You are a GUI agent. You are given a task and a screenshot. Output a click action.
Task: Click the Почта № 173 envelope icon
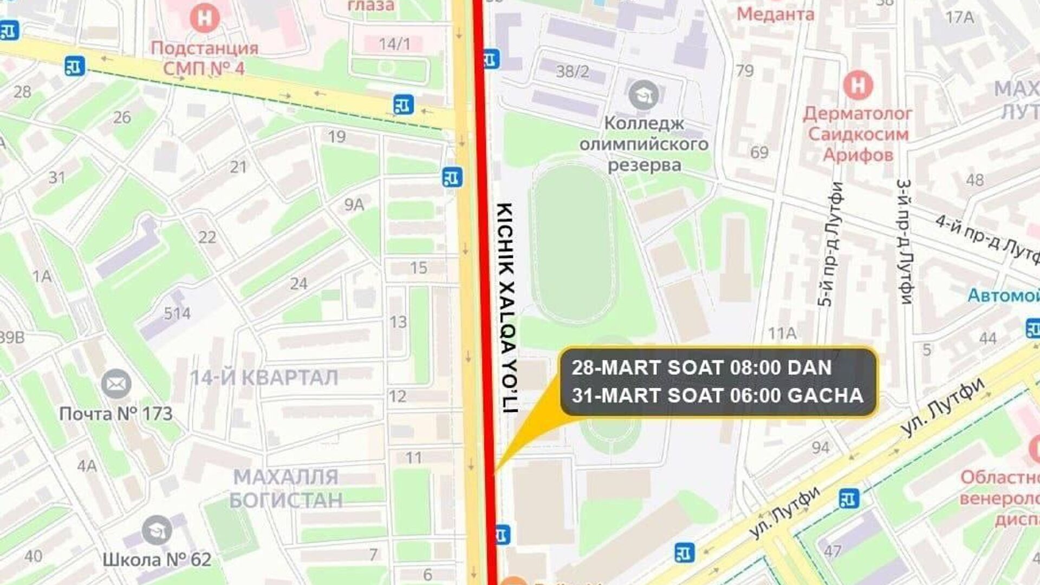(116, 384)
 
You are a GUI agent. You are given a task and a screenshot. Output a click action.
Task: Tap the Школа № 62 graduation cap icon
(157, 530)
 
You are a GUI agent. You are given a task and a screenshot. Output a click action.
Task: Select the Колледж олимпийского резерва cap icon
(643, 95)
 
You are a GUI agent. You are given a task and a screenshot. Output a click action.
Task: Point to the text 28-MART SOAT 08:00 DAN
(701, 368)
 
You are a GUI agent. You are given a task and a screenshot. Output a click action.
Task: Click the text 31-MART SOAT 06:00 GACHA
(717, 396)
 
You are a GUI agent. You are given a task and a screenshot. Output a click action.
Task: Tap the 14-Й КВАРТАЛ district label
(264, 377)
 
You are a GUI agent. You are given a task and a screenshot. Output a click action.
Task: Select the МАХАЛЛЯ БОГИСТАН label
(286, 488)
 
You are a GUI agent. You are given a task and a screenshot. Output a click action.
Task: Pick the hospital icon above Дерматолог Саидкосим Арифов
(857, 85)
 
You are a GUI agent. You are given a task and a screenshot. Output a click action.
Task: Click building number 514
(177, 313)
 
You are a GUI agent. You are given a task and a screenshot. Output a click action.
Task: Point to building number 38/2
(573, 71)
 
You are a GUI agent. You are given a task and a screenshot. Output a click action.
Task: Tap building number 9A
(354, 205)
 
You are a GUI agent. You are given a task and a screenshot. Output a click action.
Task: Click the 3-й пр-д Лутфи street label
(905, 241)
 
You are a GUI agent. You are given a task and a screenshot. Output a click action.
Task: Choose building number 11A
(782, 333)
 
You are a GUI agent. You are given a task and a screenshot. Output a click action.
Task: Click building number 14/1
(394, 44)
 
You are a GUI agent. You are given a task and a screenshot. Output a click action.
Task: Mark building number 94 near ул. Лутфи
(820, 448)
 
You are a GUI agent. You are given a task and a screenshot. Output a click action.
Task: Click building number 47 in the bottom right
(833, 551)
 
